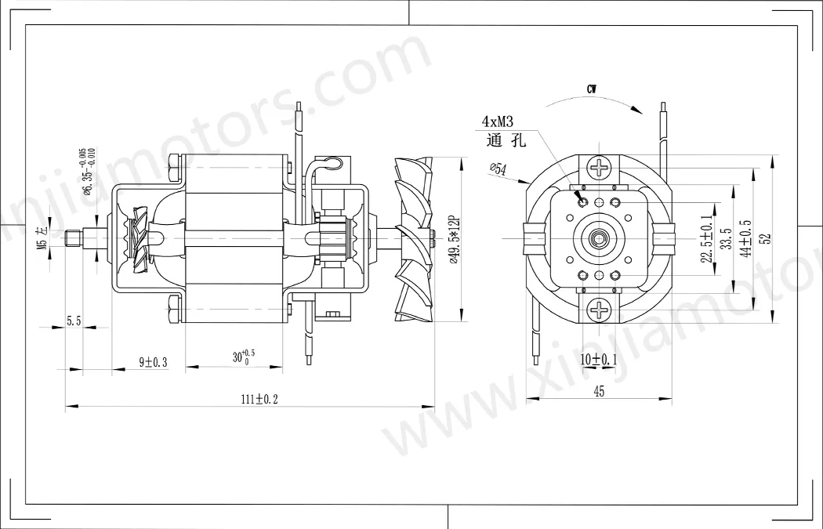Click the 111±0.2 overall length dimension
259,399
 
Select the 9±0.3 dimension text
153,361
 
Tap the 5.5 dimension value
74,321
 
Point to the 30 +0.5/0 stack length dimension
243,357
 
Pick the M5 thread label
49,236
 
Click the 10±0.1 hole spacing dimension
599,359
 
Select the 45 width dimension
599,392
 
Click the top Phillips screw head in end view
600,167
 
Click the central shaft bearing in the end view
600,237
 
